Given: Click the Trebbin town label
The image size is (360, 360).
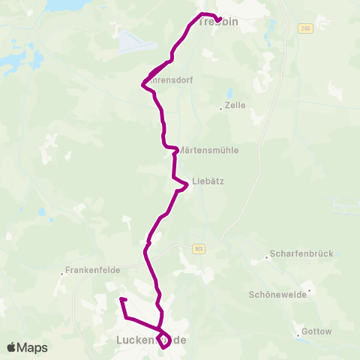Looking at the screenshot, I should tap(220, 22).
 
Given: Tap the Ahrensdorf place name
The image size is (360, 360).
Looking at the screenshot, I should tap(171, 79).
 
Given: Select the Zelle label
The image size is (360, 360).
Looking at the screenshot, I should tap(235, 105).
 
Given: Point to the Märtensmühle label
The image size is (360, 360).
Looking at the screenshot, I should tap(210, 150).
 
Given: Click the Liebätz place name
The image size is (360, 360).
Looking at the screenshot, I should tap(208, 181).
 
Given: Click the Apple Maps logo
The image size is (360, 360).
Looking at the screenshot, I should tap(27, 347).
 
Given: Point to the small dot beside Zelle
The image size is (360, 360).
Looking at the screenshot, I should tap(220, 109).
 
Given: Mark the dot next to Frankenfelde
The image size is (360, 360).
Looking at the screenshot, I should tap(62, 273).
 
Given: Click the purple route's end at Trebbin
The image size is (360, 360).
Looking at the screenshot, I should tap(218, 20).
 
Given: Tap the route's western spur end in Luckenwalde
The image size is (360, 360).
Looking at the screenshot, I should tap(121, 299).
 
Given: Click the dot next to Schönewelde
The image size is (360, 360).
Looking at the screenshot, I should tap(308, 290).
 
